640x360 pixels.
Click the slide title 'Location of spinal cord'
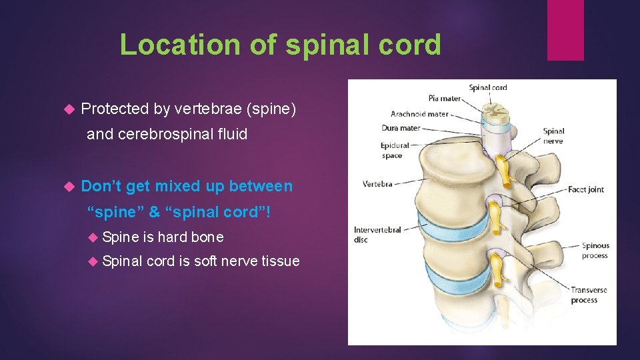coord(280,45)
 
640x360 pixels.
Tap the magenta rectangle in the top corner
coord(565,30)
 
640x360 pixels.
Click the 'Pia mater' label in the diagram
coord(445,99)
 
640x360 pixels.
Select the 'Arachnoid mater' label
coord(419,114)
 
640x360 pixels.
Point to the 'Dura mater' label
coord(401,128)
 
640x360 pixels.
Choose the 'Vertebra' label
coord(377,184)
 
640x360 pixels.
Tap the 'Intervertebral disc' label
coord(377,235)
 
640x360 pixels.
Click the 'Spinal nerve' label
coord(553,136)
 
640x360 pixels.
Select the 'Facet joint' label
coord(585,189)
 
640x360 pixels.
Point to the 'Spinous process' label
coord(595,251)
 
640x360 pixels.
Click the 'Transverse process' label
coord(588,295)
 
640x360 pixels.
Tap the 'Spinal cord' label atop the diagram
coord(488,87)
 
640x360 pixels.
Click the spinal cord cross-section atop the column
coord(495,110)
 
